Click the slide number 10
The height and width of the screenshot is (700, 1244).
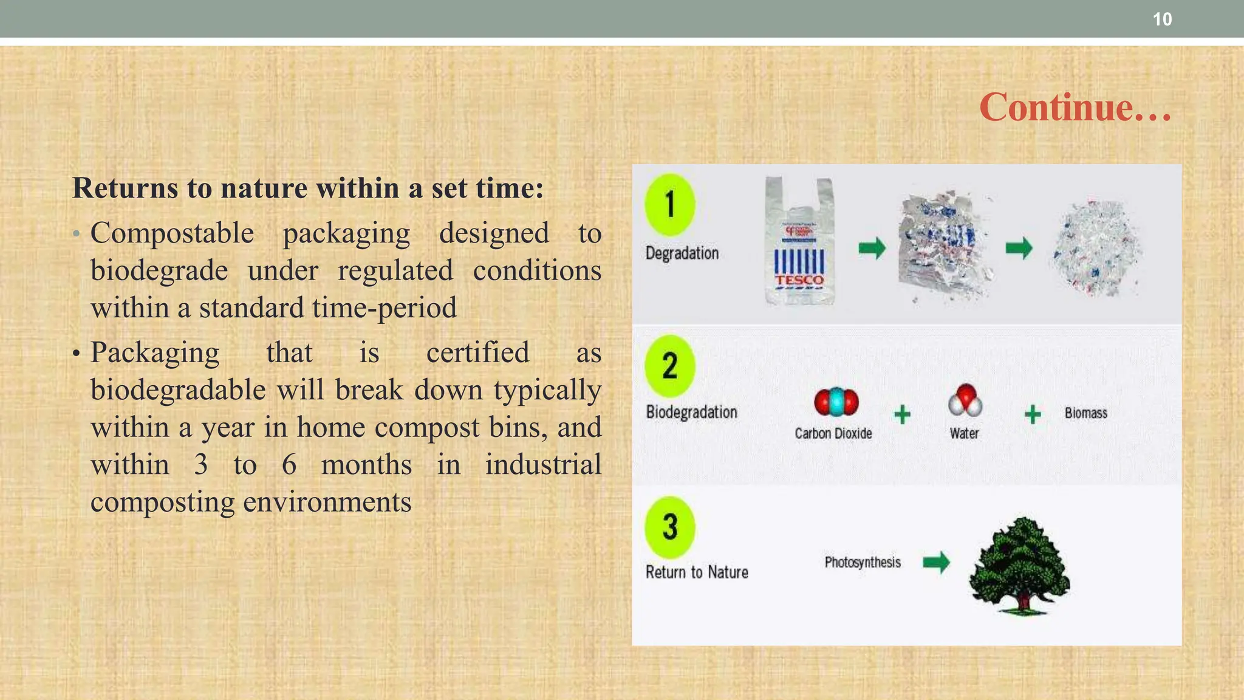(x=1161, y=19)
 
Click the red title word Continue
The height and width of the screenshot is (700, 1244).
(x=1074, y=107)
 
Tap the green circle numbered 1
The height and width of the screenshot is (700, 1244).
(x=669, y=204)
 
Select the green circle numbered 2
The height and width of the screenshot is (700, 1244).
(x=669, y=366)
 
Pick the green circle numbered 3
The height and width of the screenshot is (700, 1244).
(x=669, y=527)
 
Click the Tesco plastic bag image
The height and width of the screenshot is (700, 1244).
(x=799, y=242)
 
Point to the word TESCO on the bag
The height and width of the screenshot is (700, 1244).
(x=799, y=280)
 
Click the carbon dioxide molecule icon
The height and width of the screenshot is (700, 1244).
(x=836, y=402)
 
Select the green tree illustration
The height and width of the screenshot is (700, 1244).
(x=1019, y=565)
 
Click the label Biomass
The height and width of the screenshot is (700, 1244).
(x=1085, y=413)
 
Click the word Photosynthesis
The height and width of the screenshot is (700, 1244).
(x=862, y=562)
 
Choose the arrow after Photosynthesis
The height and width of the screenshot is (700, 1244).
(x=936, y=562)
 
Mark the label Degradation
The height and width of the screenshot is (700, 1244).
(x=682, y=253)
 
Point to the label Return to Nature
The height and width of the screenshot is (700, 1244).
(x=696, y=572)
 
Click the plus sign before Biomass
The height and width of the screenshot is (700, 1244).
(x=1033, y=414)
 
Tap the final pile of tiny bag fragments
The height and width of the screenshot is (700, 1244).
(x=1096, y=249)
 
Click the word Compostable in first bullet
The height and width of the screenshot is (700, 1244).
(x=172, y=233)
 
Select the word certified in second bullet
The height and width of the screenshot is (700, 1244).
(x=477, y=352)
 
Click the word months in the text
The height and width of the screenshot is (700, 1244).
(x=366, y=465)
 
